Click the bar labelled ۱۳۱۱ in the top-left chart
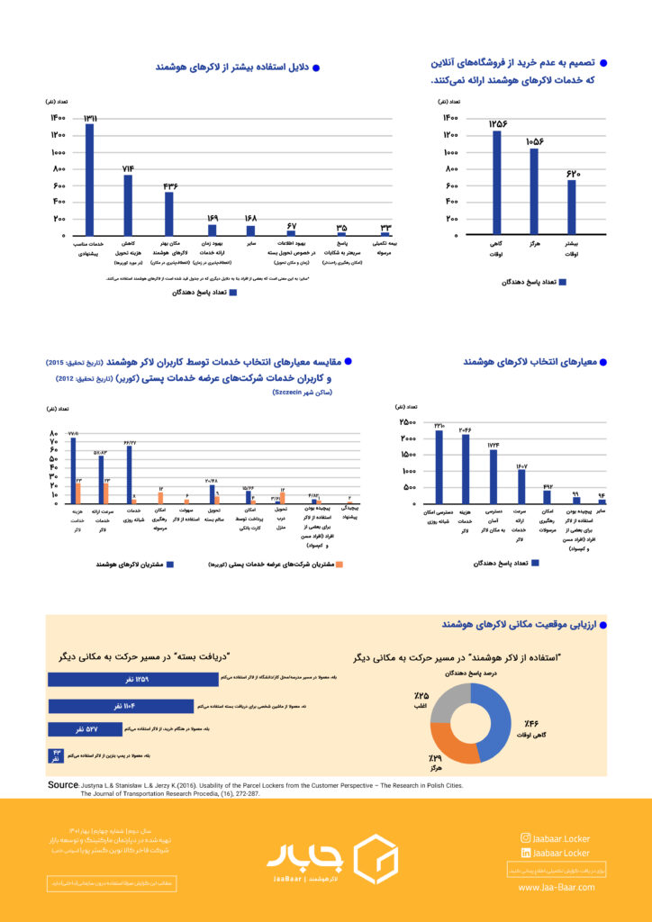[89, 178]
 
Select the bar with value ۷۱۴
[128, 204]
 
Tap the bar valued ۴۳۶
[168, 212]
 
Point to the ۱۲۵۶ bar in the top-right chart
[496, 182]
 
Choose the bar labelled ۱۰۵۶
[534, 191]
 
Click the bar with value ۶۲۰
[571, 207]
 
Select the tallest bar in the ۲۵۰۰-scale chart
[439, 466]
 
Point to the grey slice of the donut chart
[448, 700]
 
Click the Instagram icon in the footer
[525, 837]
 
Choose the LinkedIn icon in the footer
[525, 852]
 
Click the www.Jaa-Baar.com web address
[556, 887]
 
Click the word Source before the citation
[63, 785]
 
